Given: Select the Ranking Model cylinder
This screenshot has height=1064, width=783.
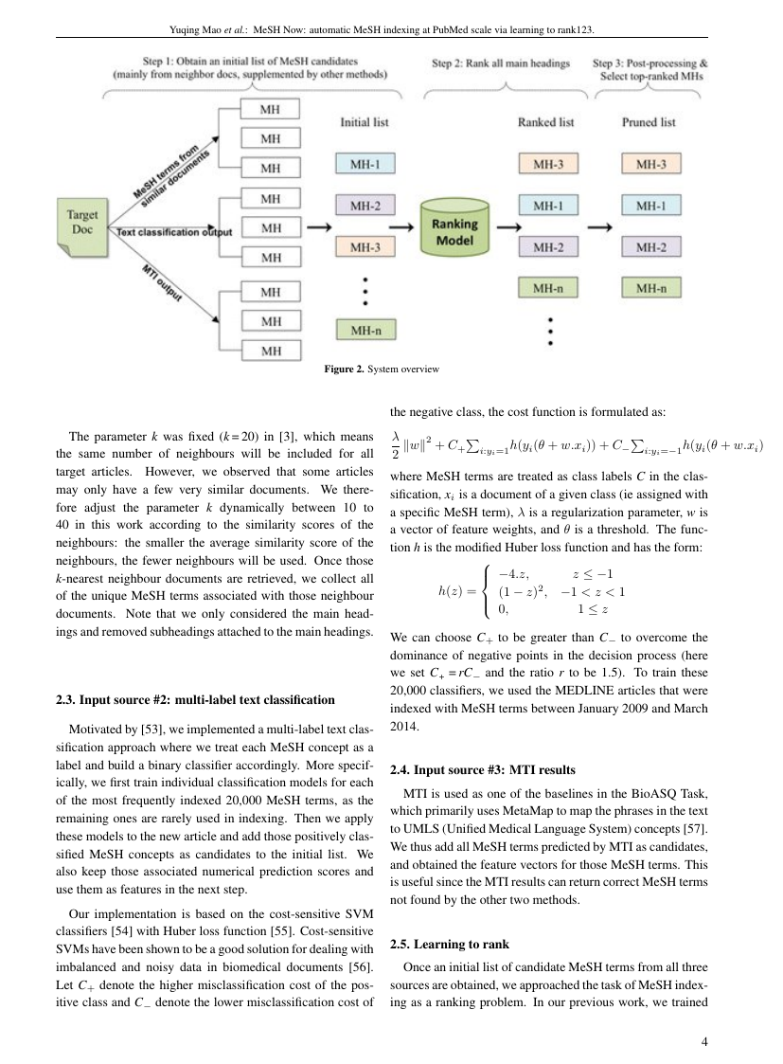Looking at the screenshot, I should pyautogui.click(x=454, y=229).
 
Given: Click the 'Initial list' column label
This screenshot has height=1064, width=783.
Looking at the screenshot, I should pyautogui.click(x=365, y=122).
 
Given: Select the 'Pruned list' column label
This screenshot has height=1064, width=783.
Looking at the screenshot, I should pyautogui.click(x=649, y=122).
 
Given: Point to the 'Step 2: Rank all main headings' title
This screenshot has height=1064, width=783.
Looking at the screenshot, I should pyautogui.click(x=501, y=64).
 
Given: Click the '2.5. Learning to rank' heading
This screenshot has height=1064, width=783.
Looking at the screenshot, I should pyautogui.click(x=449, y=944).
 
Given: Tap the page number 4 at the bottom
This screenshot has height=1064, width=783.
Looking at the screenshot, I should pyautogui.click(x=704, y=1042).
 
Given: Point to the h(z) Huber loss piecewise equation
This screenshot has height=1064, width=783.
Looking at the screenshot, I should pyautogui.click(x=530, y=592).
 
